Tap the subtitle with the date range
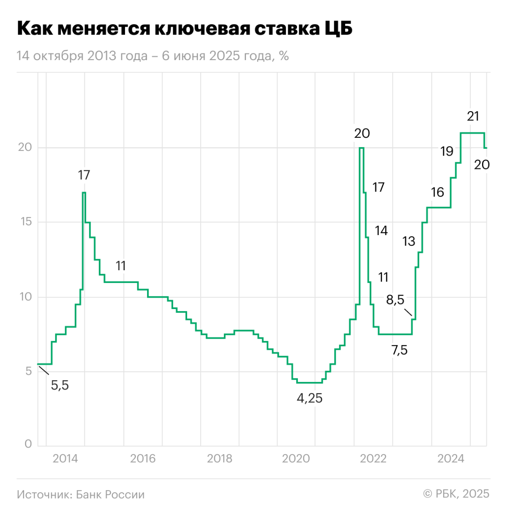[153, 56]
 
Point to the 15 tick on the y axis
[25, 222]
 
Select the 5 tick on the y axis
[28, 371]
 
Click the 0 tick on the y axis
[28, 444]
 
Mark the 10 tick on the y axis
[25, 296]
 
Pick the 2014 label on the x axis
[65, 458]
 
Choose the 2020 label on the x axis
[296, 458]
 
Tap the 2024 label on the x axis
[451, 458]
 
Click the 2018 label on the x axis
[219, 458]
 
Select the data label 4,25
[309, 398]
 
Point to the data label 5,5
[60, 385]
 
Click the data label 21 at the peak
[473, 116]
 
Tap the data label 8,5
[395, 300]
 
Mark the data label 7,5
[399, 350]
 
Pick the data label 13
[409, 241]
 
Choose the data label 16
[437, 192]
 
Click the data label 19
[447, 151]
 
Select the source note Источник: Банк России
[81, 494]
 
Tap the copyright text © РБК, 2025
[456, 493]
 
